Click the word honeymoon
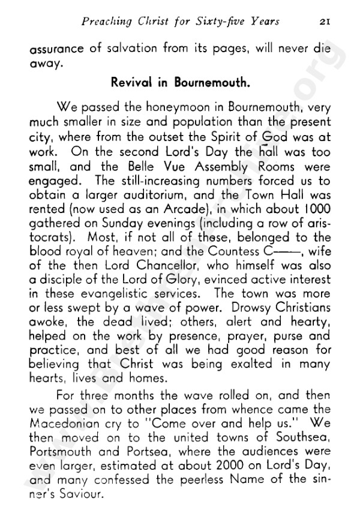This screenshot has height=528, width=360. [172, 109]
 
